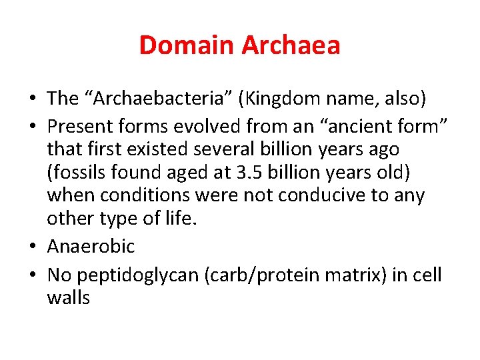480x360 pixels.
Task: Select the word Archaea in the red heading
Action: point(291,45)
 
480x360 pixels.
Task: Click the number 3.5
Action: point(242,173)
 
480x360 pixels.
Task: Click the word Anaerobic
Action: point(91,247)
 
